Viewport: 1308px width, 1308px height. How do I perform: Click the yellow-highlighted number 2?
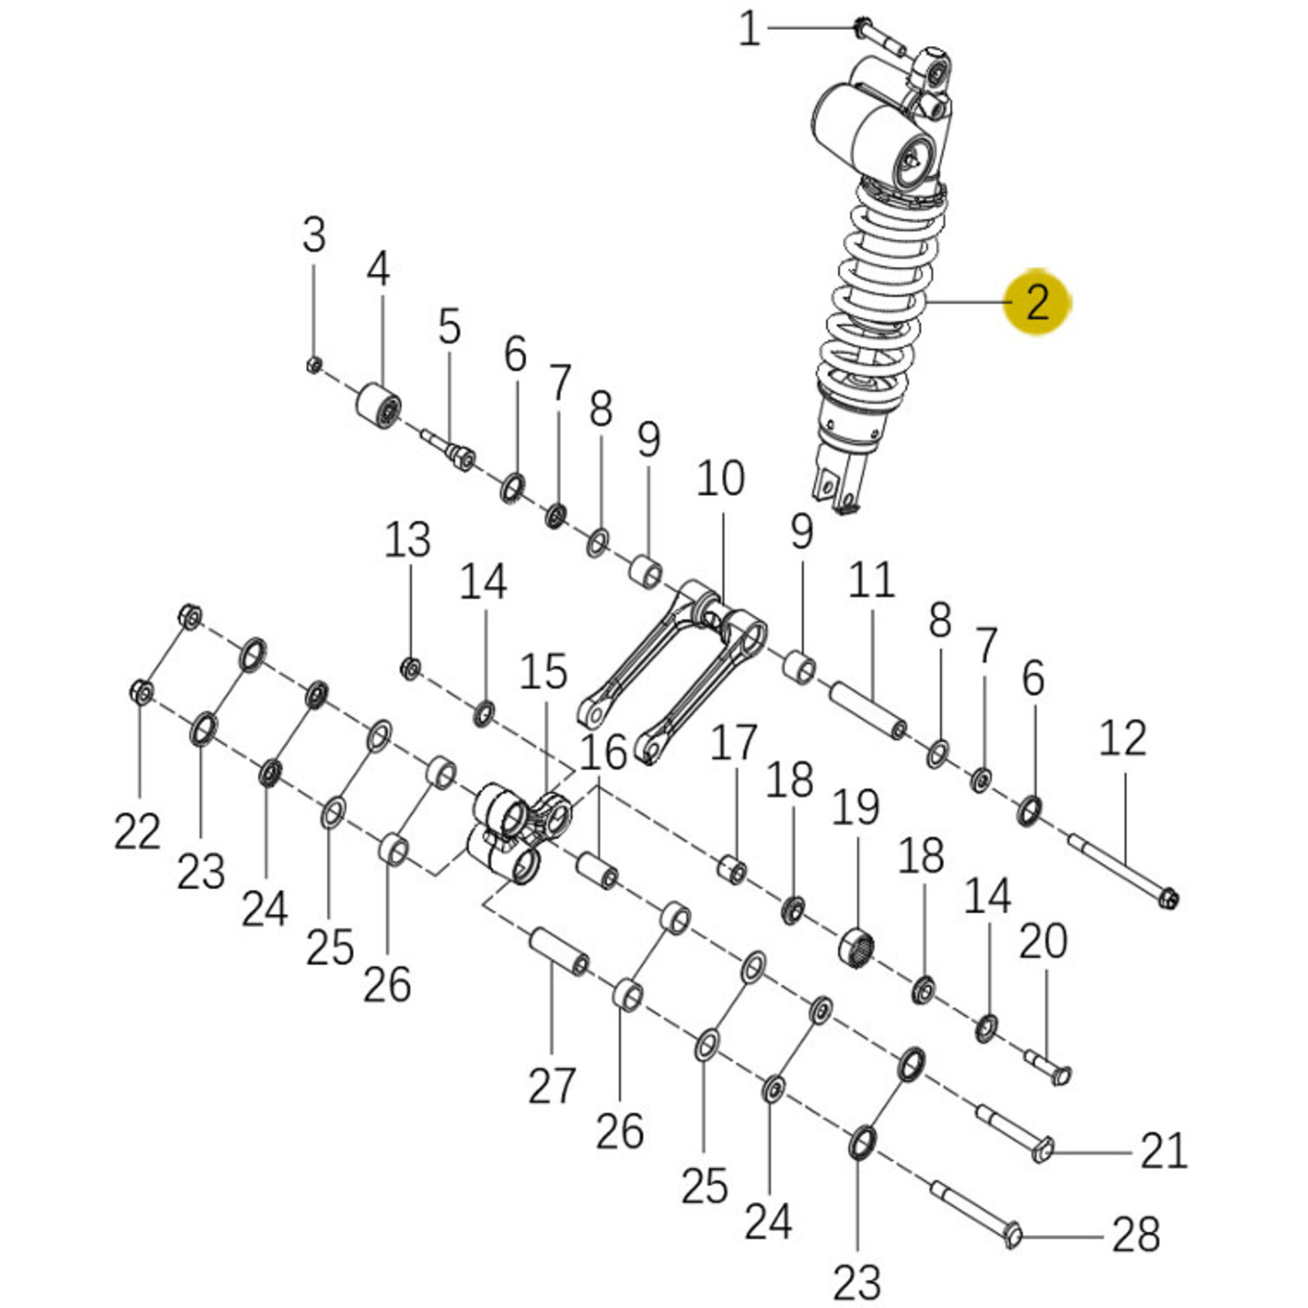[1037, 302]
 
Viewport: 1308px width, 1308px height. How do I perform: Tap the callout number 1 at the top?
[749, 30]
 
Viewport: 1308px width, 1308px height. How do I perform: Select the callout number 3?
[314, 235]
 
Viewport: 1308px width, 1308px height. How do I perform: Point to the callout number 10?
[721, 478]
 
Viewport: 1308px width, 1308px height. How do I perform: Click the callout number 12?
[1123, 738]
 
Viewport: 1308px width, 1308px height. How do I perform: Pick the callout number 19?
[856, 808]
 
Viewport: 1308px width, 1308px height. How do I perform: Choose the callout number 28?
[1136, 1234]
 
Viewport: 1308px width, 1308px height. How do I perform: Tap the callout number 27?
[552, 1085]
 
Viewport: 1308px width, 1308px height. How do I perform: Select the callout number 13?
[408, 540]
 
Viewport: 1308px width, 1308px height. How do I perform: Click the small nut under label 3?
[314, 365]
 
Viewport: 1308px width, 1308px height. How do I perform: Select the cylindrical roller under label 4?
[377, 406]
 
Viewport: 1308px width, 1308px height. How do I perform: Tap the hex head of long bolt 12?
[1167, 899]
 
